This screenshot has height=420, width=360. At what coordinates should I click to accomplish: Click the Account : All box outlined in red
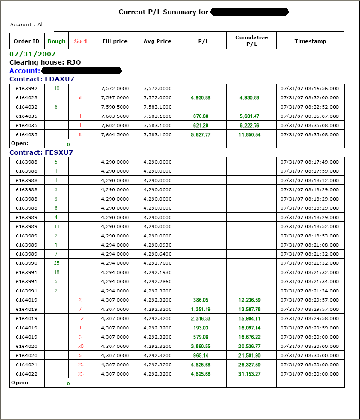(28, 24)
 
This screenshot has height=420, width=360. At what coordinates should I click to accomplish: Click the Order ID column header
(27, 41)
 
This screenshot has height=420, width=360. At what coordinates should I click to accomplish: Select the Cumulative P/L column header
(251, 41)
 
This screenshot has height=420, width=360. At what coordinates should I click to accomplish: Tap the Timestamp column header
(310, 41)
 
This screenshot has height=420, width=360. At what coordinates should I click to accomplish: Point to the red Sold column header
(80, 41)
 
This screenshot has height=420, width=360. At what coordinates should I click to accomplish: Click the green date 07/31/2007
(29, 54)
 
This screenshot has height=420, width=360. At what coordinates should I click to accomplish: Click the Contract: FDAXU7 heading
(42, 79)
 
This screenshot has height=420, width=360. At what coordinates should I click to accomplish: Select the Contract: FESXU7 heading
(41, 152)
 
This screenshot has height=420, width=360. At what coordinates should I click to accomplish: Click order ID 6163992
(27, 88)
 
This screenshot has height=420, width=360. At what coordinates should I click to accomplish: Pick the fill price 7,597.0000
(115, 97)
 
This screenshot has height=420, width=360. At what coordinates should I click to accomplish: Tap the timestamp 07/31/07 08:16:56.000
(310, 88)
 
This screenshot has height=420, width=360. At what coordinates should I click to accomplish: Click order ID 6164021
(27, 365)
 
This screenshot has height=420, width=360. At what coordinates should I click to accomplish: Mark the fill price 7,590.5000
(115, 107)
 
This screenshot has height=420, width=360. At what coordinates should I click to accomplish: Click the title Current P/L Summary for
(163, 12)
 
